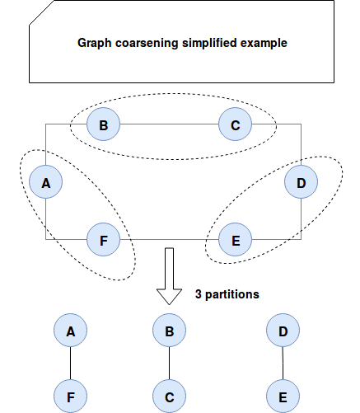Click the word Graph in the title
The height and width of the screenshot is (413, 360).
point(95,44)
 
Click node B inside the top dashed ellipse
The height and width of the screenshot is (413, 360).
point(103,124)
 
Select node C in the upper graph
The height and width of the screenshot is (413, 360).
point(235,124)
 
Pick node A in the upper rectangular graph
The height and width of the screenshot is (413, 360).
point(45,182)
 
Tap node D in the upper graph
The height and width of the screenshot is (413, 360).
point(301,182)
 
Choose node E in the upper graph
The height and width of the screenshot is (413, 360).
point(235,240)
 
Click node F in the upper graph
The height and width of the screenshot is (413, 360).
point(103,240)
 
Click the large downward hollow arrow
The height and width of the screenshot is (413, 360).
point(169,276)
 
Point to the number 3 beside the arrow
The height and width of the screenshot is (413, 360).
point(199,294)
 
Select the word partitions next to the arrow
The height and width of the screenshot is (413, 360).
point(232,294)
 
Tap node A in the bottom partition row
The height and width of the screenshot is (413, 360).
point(70,331)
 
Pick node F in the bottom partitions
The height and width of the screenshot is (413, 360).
point(70,397)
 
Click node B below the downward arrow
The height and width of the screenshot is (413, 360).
point(169,331)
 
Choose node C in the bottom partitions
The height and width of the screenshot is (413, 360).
point(169,397)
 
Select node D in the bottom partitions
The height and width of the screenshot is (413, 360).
point(283,331)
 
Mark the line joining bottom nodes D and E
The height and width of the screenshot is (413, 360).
point(283,364)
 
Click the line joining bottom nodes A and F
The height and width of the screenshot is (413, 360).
point(70,364)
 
